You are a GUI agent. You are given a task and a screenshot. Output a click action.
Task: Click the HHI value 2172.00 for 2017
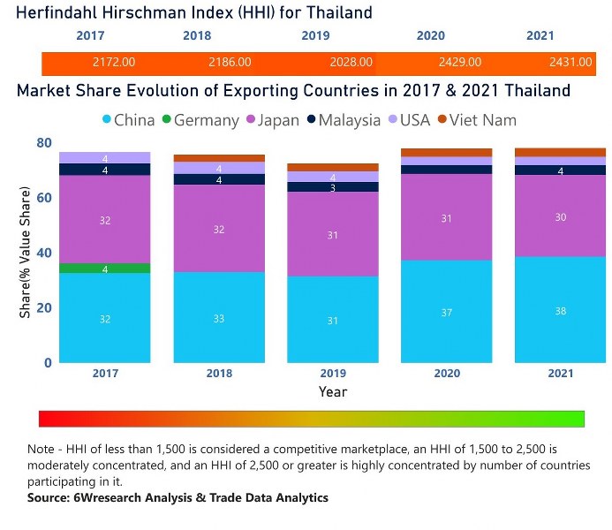point(114,63)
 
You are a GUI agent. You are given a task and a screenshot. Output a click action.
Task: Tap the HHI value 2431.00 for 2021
point(570,63)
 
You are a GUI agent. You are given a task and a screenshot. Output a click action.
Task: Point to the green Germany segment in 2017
point(105,269)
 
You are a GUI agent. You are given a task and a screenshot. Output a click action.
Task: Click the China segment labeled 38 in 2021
point(560,309)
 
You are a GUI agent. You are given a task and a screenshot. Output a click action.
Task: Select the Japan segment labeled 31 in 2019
point(333,234)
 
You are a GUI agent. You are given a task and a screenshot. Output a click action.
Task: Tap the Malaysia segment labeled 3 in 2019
point(333,187)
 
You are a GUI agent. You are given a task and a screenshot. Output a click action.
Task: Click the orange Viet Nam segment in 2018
point(219,158)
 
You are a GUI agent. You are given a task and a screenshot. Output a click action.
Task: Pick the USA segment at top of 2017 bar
point(105,157)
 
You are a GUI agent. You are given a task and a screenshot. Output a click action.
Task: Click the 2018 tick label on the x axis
point(219,374)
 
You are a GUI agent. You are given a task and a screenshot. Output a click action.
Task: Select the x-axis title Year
point(333,391)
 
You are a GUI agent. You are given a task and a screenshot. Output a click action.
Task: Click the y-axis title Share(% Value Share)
point(26,253)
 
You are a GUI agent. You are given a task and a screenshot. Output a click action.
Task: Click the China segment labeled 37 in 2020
point(447,311)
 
